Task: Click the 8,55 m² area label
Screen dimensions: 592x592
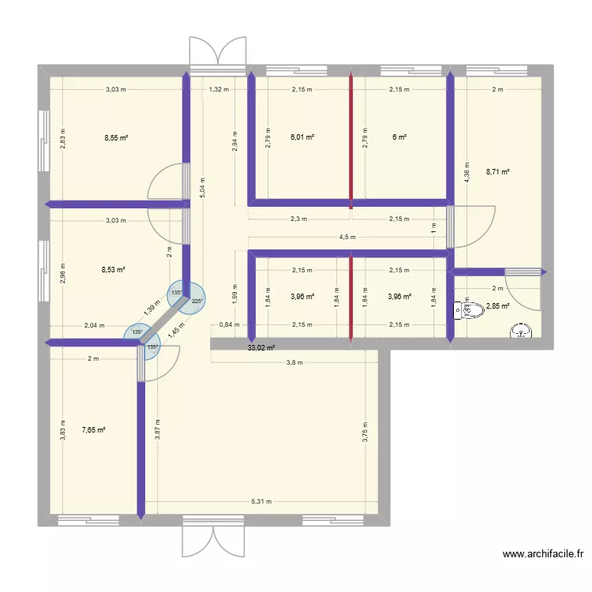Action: click(x=116, y=137)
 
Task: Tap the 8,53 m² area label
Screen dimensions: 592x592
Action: click(x=115, y=270)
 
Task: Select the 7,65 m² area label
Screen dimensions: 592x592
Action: click(x=93, y=430)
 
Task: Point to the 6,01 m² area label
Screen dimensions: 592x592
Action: click(x=302, y=137)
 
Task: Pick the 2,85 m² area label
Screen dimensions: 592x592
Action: click(x=497, y=307)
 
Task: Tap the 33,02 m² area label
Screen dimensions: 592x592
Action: click(x=260, y=347)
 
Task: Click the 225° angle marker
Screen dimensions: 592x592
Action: click(x=197, y=300)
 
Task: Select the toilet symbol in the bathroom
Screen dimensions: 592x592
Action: click(x=459, y=311)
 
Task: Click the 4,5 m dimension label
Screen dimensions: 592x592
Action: click(x=347, y=237)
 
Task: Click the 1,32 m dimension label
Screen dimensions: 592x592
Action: click(x=219, y=89)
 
